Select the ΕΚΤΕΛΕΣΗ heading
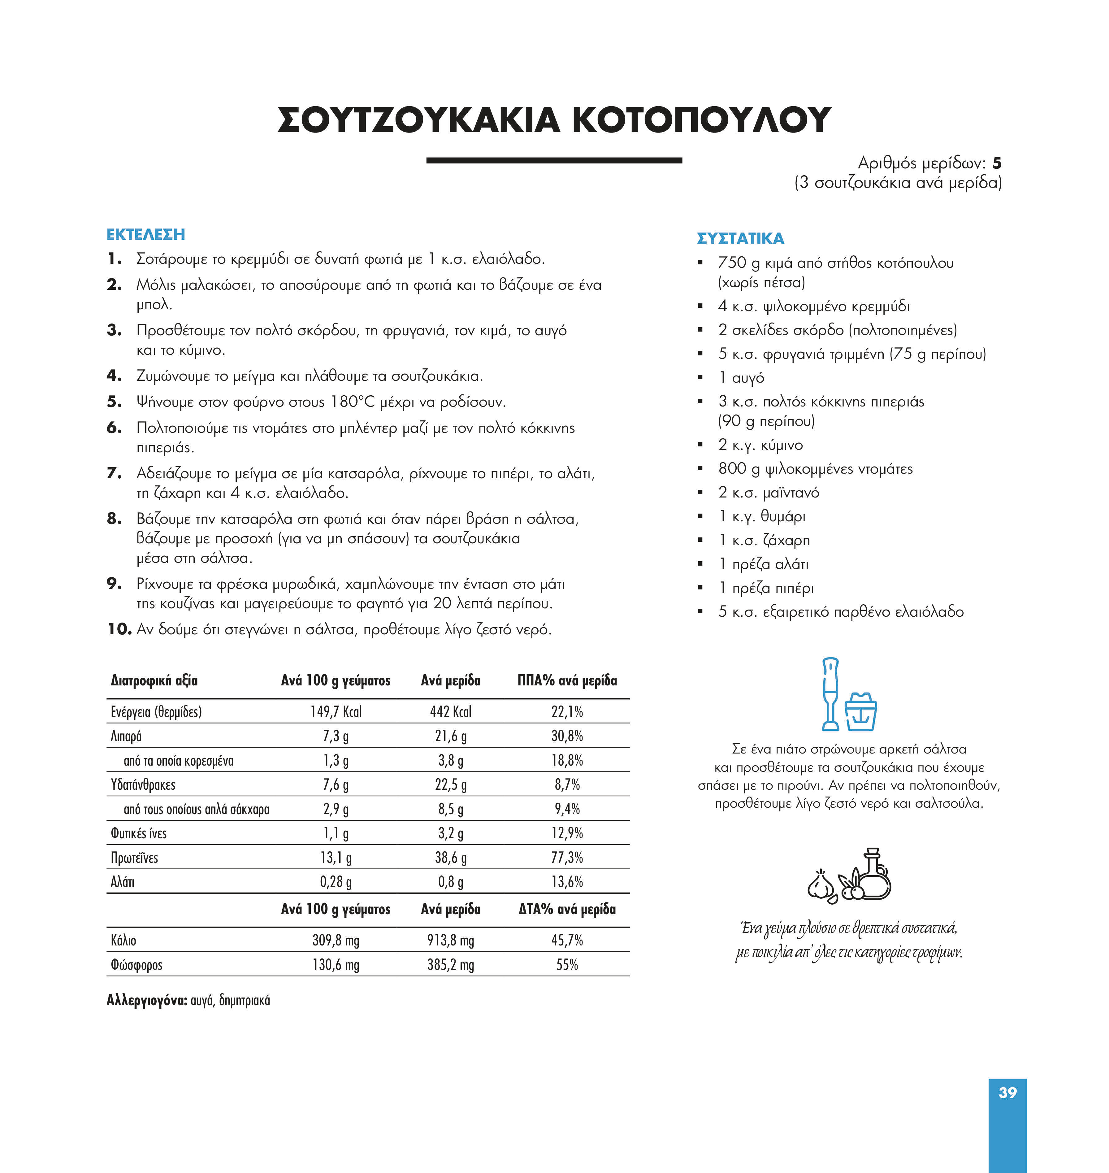pyautogui.click(x=145, y=235)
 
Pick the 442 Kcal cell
pyautogui.click(x=450, y=712)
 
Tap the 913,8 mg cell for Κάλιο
pyautogui.click(x=450, y=940)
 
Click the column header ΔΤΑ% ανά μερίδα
pyautogui.click(x=567, y=909)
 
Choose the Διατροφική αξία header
pyautogui.click(x=154, y=680)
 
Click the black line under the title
pyautogui.click(x=554, y=160)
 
